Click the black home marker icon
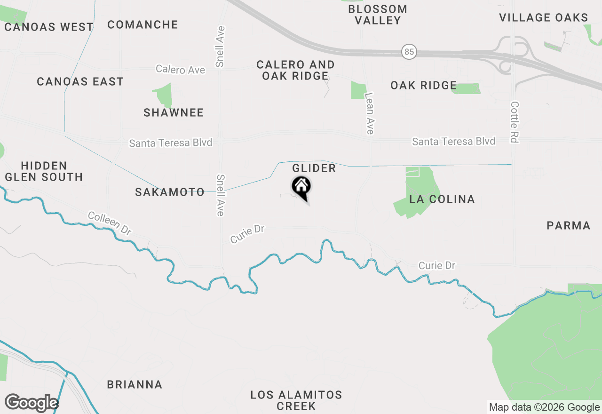301,187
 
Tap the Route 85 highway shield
409,52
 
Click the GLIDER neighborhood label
314,168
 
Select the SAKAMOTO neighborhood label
170,192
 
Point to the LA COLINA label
442,199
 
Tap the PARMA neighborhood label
569,225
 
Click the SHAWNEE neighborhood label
174,112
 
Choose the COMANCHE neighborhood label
143,24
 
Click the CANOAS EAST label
80,81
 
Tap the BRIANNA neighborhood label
135,384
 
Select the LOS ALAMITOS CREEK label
296,400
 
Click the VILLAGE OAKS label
543,18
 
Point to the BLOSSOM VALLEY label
378,15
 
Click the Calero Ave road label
181,70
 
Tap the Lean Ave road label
370,113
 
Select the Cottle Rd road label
515,122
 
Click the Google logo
32,403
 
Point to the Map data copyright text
544,407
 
